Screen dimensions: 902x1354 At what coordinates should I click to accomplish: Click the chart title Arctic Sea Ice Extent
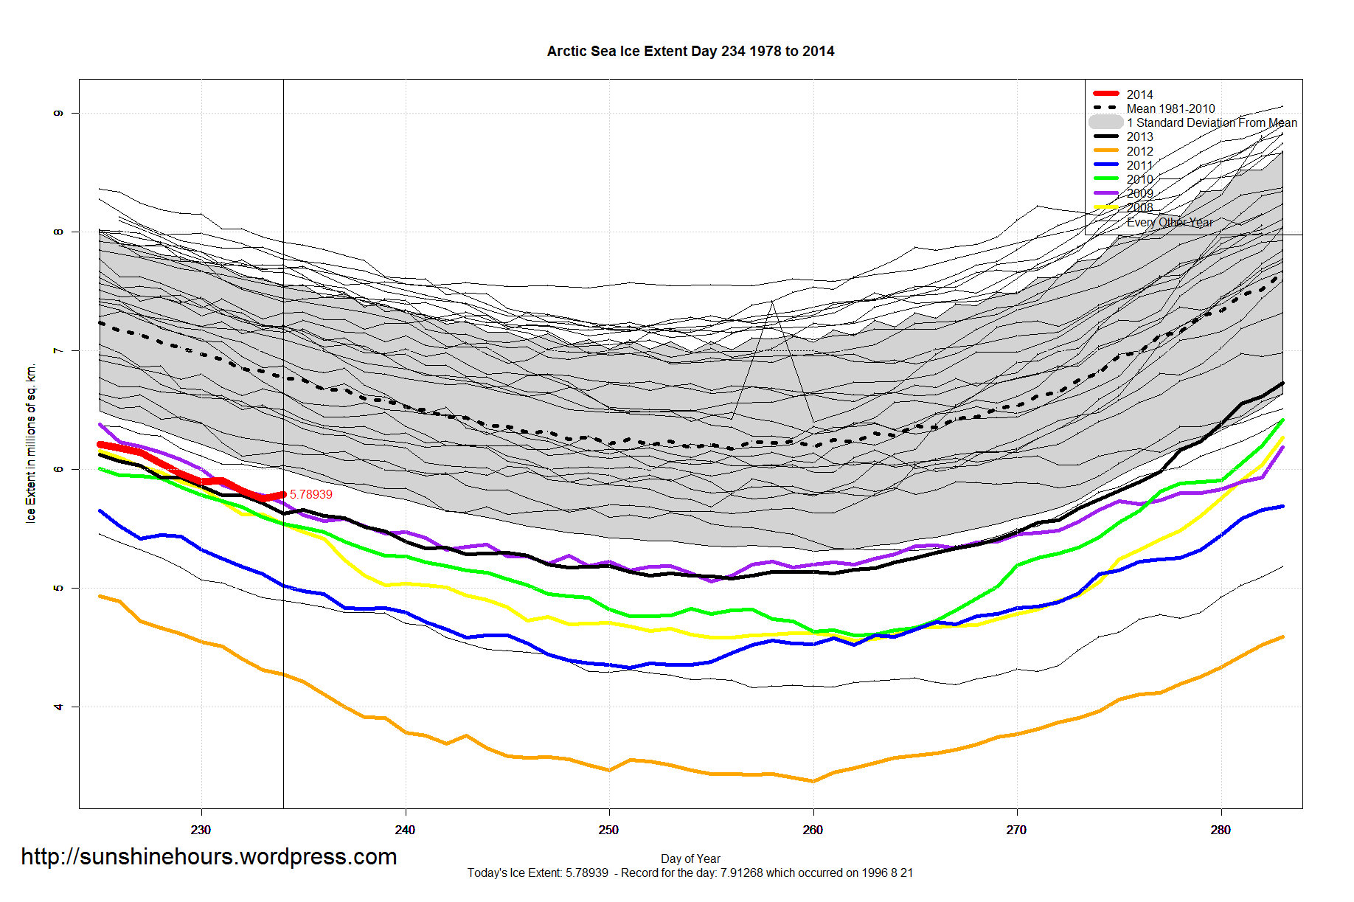click(690, 52)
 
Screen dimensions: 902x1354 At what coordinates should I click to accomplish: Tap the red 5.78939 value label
click(310, 494)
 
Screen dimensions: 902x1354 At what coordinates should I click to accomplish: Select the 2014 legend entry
click(1139, 94)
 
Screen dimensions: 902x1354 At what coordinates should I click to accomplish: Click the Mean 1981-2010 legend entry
click(1170, 108)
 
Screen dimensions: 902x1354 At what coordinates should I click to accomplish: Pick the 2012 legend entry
click(1139, 151)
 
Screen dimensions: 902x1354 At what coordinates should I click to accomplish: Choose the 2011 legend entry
click(1139, 165)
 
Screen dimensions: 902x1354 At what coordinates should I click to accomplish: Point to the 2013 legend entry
click(1139, 136)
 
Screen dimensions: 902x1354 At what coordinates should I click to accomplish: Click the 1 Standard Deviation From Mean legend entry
click(1212, 122)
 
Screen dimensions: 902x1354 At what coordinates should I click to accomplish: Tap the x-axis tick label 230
click(201, 830)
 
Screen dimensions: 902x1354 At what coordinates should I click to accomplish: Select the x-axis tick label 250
click(608, 830)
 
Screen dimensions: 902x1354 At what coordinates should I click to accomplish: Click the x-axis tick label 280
click(1221, 830)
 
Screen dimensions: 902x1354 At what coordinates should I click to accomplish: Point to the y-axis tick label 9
click(58, 113)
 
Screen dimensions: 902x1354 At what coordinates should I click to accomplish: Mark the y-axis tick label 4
click(58, 707)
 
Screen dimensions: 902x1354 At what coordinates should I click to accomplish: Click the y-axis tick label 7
click(58, 350)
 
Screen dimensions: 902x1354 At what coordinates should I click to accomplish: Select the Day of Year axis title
click(690, 858)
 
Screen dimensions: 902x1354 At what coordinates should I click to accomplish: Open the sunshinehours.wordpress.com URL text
click(209, 856)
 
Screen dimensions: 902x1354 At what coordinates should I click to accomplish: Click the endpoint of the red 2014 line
click(283, 494)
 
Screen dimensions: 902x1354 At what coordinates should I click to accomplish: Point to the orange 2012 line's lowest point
click(813, 781)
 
